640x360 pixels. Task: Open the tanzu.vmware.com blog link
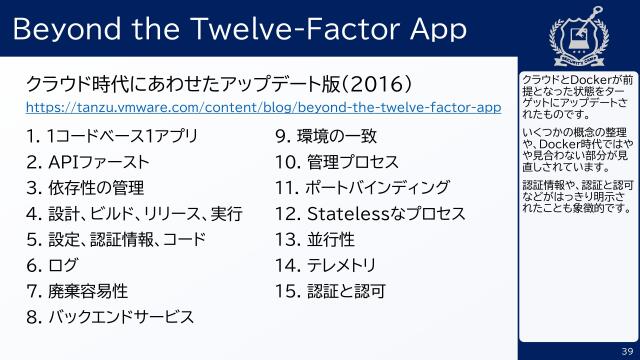tap(263, 106)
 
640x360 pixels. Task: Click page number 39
tap(627, 349)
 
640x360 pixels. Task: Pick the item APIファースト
tap(89, 161)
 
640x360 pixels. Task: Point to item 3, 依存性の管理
tap(86, 187)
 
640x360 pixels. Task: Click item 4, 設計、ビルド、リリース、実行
tap(134, 213)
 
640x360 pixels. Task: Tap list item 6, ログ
tap(55, 265)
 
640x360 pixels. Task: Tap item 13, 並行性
tap(321, 239)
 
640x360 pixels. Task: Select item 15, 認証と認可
tap(330, 291)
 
